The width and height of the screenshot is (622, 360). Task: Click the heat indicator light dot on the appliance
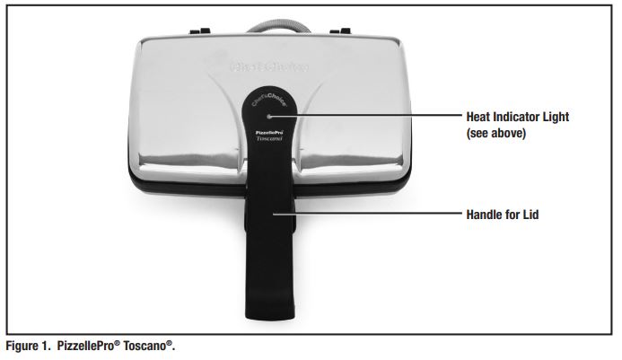coord(267,116)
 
